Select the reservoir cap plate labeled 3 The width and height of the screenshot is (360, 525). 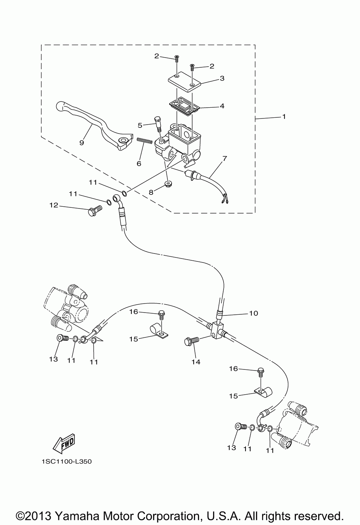click(x=184, y=81)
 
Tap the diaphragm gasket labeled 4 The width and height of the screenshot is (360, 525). click(x=184, y=106)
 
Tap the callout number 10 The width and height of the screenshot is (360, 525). click(x=253, y=313)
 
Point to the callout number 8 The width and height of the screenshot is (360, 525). click(x=151, y=192)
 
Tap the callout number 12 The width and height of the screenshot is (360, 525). click(x=54, y=206)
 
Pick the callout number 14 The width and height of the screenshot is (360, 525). click(x=196, y=362)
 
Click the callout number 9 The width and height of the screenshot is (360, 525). click(x=81, y=143)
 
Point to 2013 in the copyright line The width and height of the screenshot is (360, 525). click(x=39, y=515)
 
